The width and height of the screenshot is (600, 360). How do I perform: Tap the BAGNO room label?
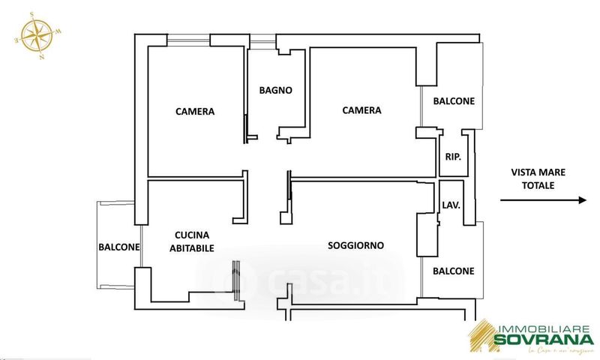275,91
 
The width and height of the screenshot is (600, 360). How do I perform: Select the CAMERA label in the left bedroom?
195,112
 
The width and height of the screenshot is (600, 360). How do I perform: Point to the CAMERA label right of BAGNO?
361,110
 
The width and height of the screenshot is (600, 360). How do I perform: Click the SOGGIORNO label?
355,245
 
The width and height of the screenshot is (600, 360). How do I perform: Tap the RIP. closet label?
452,157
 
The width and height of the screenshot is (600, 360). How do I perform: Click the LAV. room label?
451,204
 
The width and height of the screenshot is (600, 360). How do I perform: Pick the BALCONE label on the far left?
118,247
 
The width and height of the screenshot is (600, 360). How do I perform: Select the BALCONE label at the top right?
454,101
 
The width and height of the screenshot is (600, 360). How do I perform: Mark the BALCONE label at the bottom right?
454,271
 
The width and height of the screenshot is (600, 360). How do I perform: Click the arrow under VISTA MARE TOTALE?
542,200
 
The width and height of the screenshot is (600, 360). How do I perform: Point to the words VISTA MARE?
538,172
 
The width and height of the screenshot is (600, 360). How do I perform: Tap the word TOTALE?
538,184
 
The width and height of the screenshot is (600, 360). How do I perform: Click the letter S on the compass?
32,14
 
